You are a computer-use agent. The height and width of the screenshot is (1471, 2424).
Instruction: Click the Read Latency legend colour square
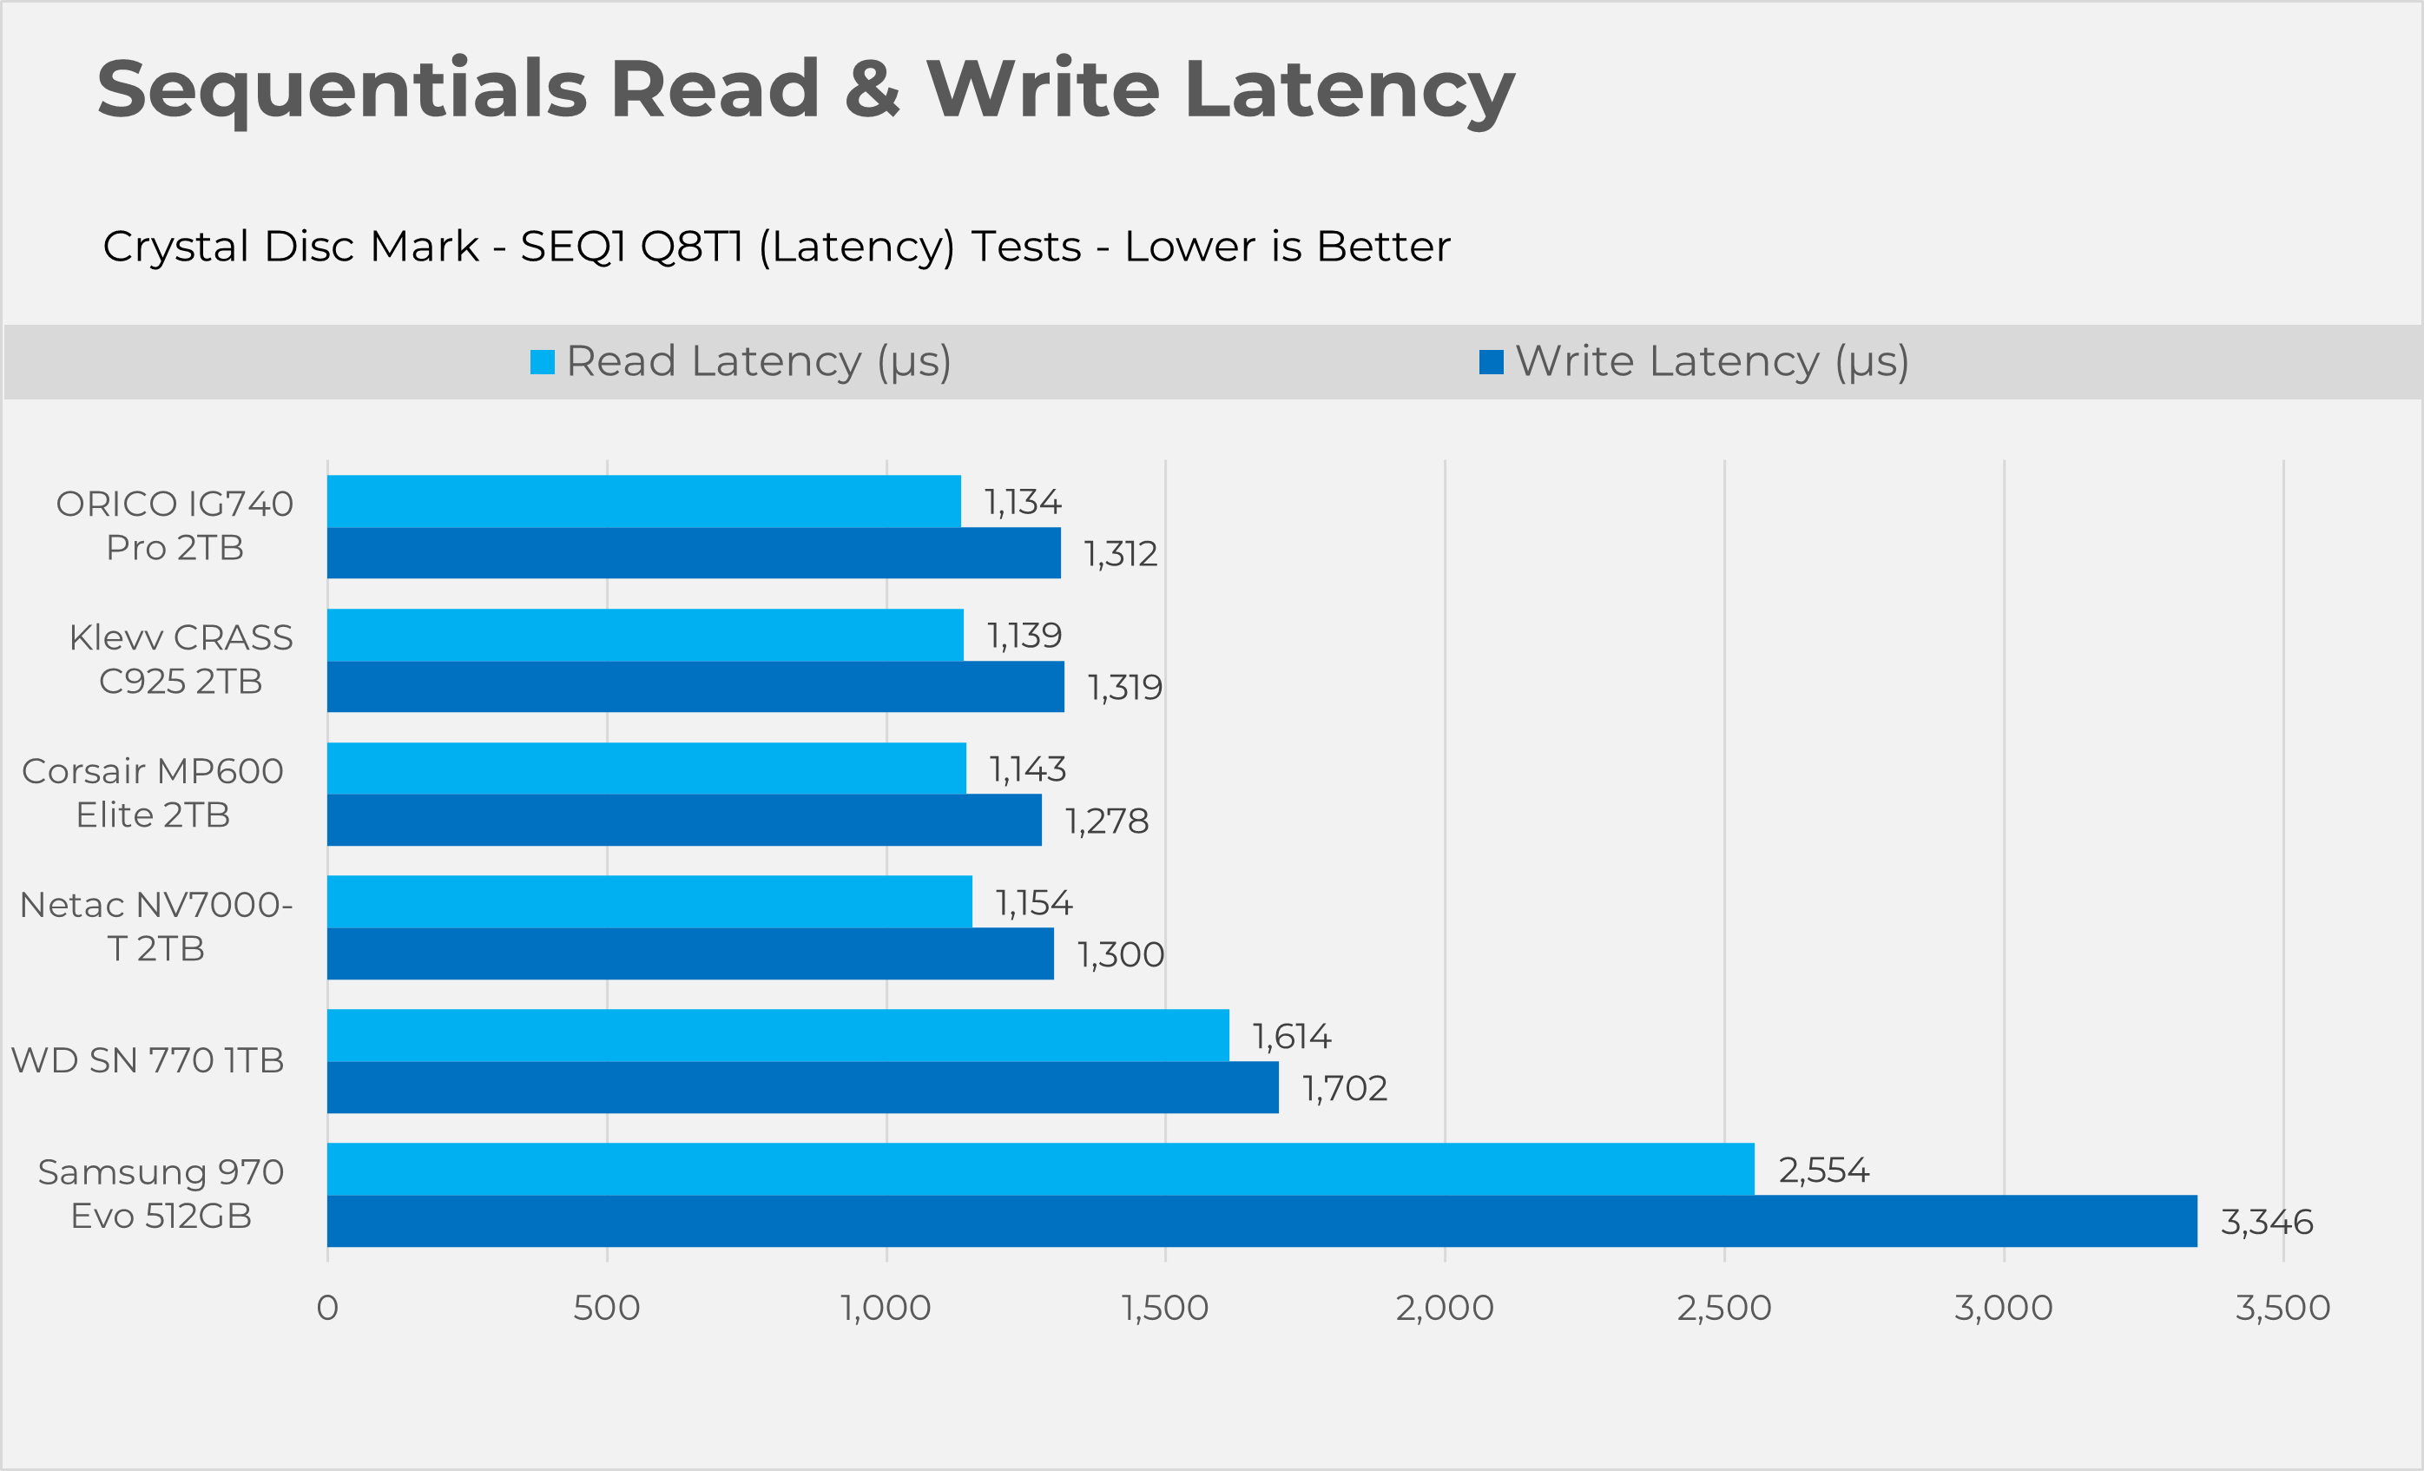tap(542, 362)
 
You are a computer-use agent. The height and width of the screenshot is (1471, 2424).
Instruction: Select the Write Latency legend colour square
tap(1491, 362)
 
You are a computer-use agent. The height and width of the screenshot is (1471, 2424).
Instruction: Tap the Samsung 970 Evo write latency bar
tap(1261, 1221)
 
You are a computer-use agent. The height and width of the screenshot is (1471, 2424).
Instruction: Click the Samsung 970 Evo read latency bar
tap(1040, 1169)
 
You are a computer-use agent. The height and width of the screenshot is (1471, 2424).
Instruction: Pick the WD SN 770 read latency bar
tap(777, 1035)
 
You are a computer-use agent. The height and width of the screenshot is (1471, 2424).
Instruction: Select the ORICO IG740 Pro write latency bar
tap(694, 553)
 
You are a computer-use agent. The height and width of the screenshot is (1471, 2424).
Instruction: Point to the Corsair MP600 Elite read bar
tap(646, 768)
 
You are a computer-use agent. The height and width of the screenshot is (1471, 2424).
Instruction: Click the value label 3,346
tap(2267, 1222)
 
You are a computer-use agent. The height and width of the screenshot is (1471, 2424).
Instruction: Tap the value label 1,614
tap(1291, 1036)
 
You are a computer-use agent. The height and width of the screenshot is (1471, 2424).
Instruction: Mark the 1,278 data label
tap(1107, 821)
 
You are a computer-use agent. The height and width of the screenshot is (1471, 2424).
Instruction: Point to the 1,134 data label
tap(1022, 502)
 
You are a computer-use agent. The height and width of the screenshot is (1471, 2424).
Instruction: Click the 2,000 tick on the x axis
tap(1444, 1308)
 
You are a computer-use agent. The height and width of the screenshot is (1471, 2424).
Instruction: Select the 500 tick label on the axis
tap(606, 1308)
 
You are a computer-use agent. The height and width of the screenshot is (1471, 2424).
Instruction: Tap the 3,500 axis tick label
tap(2282, 1308)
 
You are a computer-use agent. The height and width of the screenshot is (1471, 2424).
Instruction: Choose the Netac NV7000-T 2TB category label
tap(156, 926)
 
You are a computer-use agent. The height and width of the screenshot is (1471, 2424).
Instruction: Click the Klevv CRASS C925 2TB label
tap(181, 659)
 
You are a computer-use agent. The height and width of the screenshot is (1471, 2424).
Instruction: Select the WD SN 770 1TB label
tap(148, 1059)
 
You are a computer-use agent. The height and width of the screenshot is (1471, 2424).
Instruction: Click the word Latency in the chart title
tap(1349, 90)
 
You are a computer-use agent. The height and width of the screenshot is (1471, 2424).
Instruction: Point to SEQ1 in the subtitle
tap(574, 246)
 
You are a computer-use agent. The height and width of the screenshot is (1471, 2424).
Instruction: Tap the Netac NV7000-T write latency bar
tap(689, 953)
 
